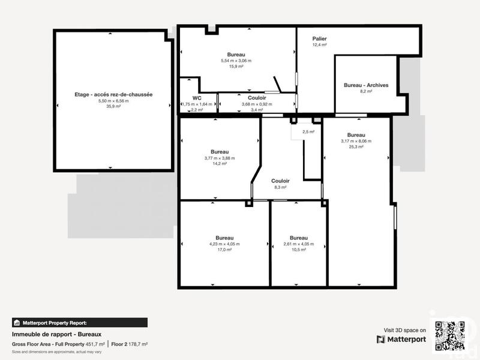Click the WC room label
click(x=196, y=98)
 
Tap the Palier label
click(x=319, y=38)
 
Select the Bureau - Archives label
click(x=366, y=85)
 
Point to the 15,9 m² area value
click(x=236, y=67)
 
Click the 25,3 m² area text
click(x=356, y=146)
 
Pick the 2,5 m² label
click(x=308, y=131)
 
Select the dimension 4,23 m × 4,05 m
click(x=224, y=244)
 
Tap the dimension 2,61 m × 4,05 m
click(x=298, y=244)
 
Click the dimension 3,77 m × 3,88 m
click(x=220, y=158)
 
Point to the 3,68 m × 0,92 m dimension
click(x=257, y=104)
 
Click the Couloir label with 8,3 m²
click(x=280, y=181)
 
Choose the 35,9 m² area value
click(x=113, y=106)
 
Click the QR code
click(x=449, y=335)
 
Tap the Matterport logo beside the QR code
click(x=401, y=340)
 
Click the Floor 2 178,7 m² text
click(x=129, y=344)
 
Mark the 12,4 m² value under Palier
click(x=319, y=45)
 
